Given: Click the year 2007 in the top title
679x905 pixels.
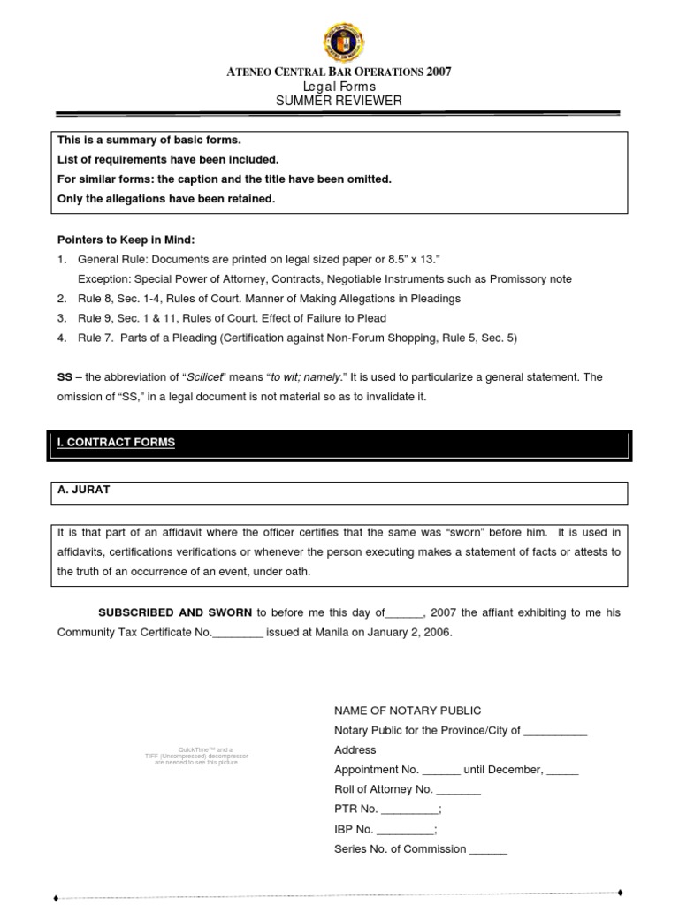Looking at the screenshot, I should coord(439,72).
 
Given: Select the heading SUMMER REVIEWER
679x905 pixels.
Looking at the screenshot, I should coord(339,101).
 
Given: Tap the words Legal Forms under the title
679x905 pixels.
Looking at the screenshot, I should coord(339,87).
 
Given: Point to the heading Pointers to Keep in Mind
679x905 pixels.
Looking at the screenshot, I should coord(126,240).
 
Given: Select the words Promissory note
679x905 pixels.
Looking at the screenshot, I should coord(554,279).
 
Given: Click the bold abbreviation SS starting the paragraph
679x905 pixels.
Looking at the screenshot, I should coord(65,377).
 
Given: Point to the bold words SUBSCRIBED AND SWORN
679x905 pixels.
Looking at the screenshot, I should coord(175,612).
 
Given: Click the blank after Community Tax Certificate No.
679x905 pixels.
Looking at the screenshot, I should coord(238,633).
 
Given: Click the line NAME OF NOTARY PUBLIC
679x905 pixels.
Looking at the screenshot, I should coord(408,711).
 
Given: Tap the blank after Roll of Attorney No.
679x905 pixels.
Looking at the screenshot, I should coord(458,790).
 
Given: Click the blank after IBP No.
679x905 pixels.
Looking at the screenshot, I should coord(405,830).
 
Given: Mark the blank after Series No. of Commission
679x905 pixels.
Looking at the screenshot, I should coord(488,850).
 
